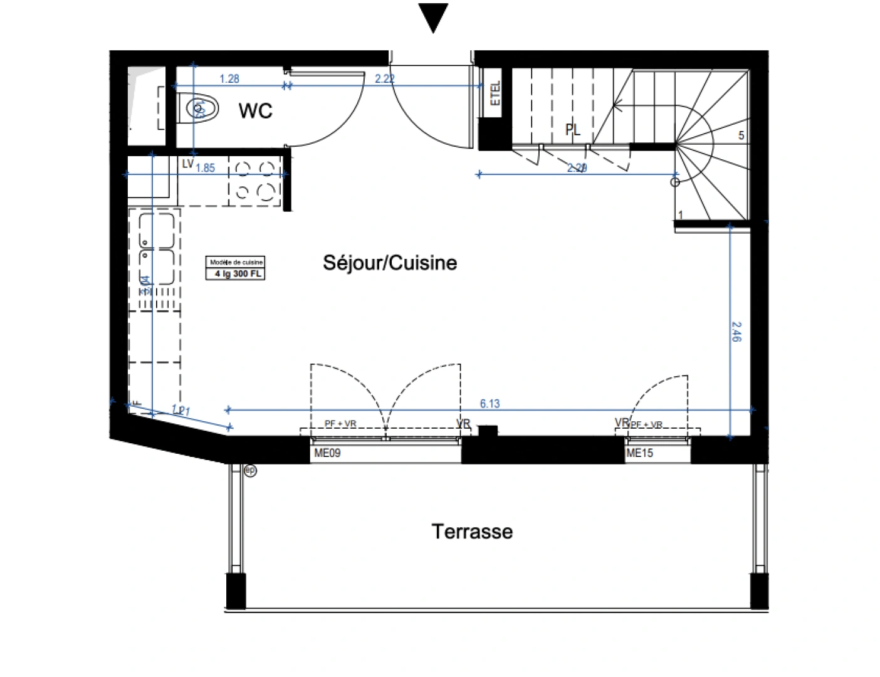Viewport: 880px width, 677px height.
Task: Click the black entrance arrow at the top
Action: click(432, 17)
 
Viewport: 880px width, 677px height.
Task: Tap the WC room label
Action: click(255, 111)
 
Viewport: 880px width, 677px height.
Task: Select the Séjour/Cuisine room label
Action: click(389, 263)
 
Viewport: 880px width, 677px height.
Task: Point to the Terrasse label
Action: click(472, 532)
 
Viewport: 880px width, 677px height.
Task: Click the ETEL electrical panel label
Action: click(495, 94)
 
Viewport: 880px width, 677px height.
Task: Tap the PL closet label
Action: click(572, 130)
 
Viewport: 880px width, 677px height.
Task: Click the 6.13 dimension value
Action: click(490, 404)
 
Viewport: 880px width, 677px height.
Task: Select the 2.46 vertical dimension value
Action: click(736, 332)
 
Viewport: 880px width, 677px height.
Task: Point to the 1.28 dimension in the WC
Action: click(229, 79)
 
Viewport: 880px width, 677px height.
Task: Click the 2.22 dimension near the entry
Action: click(384, 79)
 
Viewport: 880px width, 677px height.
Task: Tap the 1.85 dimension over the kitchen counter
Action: click(205, 168)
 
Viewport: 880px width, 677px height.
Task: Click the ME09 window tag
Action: click(327, 453)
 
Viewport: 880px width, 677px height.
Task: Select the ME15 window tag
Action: click(639, 453)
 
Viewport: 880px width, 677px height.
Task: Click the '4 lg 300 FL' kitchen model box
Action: click(236, 274)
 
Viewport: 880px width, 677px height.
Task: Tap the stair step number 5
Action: click(741, 135)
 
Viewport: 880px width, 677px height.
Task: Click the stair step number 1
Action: click(681, 215)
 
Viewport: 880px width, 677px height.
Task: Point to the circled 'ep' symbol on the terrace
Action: click(250, 470)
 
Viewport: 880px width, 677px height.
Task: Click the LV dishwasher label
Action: click(187, 164)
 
